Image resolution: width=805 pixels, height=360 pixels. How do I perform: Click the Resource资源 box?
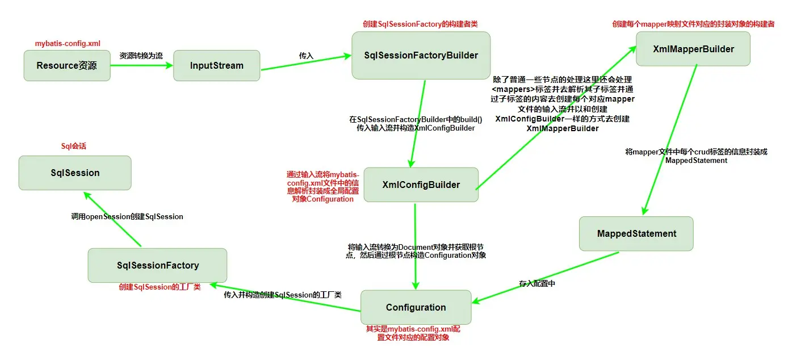click(x=67, y=65)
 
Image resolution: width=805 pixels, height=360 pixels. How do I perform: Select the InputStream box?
click(x=217, y=65)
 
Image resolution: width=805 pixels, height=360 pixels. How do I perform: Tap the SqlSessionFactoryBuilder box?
click(x=421, y=55)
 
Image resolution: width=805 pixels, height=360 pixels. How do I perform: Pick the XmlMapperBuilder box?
click(x=693, y=49)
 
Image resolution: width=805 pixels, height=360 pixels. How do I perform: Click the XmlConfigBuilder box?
click(x=421, y=185)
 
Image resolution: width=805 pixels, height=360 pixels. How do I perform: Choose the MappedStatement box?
click(x=636, y=233)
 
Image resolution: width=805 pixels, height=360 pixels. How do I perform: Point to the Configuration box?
click(x=416, y=307)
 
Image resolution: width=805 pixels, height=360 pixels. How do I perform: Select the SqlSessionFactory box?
click(x=157, y=265)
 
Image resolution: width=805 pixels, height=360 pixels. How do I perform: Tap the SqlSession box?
click(x=75, y=173)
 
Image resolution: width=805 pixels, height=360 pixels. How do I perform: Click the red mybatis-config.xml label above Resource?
click(x=68, y=44)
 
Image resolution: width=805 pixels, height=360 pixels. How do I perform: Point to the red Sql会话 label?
click(x=74, y=146)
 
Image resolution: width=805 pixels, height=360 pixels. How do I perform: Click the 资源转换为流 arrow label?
click(x=141, y=56)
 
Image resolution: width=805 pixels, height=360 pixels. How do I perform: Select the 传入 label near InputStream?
click(x=306, y=56)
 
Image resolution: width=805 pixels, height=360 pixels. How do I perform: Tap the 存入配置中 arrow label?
click(x=537, y=283)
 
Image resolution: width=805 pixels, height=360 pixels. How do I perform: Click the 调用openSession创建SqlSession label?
click(x=127, y=217)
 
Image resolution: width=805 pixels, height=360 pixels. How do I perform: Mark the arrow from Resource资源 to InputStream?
click(x=142, y=65)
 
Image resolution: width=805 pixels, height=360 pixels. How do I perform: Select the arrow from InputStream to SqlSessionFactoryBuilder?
click(x=306, y=62)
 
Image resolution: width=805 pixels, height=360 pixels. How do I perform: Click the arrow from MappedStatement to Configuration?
click(x=545, y=277)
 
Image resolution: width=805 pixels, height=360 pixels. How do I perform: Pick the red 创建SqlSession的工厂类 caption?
click(x=160, y=287)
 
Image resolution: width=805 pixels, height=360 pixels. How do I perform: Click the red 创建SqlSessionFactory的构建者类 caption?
click(x=420, y=24)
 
